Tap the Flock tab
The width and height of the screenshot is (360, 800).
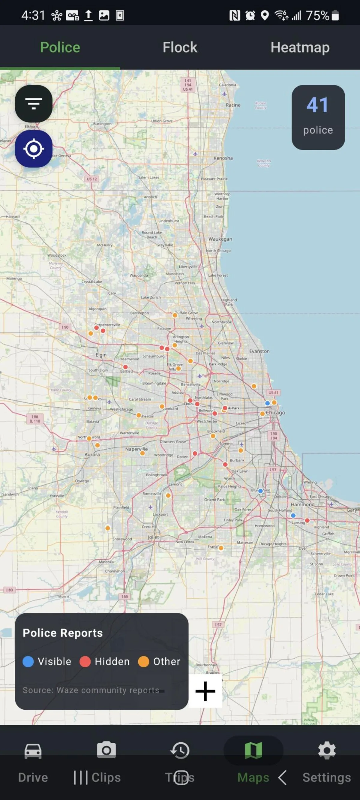180,47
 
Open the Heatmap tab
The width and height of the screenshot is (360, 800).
300,47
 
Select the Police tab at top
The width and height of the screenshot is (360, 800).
60,47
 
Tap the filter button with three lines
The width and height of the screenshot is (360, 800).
34,104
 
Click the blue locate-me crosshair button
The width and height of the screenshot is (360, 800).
34,149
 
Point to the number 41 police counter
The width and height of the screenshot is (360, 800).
318,105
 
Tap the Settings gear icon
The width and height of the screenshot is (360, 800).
327,751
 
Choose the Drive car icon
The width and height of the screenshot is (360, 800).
33,751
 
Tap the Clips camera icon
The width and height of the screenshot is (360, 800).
106,750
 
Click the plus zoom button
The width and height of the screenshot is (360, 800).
205,691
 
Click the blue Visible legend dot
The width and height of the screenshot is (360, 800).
28,661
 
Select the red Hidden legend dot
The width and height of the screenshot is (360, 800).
85,661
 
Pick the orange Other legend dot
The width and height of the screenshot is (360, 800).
143,661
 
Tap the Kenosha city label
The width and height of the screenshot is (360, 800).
223,158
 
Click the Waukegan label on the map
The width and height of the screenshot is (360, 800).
220,239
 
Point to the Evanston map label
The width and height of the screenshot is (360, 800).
259,351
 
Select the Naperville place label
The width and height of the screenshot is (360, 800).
136,449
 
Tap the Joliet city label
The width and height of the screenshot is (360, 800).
153,537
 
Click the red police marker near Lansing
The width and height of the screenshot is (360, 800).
307,521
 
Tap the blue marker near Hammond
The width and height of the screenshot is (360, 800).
293,515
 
